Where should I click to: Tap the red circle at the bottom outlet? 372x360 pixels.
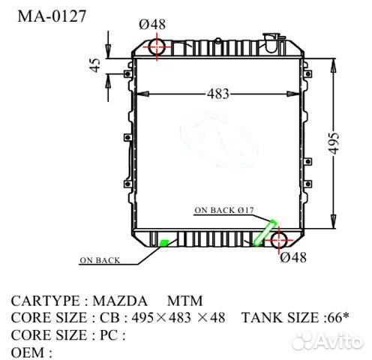click(x=279, y=241)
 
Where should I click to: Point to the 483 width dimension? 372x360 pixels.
click(x=218, y=94)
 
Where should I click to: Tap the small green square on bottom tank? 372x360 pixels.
click(x=163, y=242)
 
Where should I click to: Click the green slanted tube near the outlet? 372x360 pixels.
click(x=265, y=233)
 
